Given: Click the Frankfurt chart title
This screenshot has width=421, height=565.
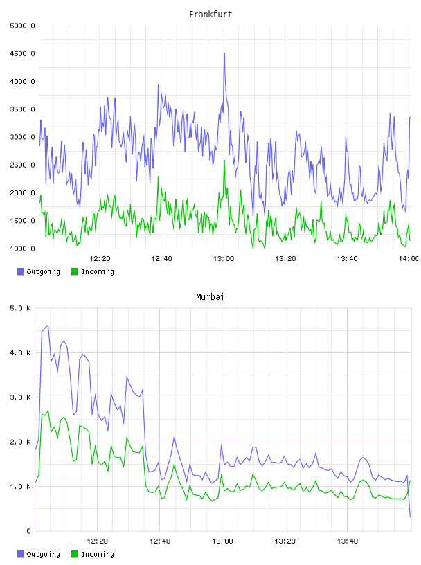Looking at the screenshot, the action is click(x=210, y=15).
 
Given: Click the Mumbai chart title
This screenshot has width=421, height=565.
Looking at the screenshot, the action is click(x=210, y=297).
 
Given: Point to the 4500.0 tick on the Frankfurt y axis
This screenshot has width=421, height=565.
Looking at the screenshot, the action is click(x=22, y=54).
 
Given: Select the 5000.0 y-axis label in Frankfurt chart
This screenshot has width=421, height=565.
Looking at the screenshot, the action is click(x=22, y=26).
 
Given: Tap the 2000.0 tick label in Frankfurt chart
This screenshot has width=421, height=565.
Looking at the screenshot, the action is click(x=22, y=193).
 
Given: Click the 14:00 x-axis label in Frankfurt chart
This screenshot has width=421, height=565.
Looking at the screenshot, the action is click(x=409, y=259).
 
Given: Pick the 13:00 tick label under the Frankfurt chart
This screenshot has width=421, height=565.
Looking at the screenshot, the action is click(x=224, y=259).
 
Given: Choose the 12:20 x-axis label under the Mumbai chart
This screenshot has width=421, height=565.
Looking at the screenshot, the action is click(x=98, y=541).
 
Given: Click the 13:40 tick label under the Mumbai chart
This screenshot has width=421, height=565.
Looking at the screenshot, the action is click(x=348, y=541).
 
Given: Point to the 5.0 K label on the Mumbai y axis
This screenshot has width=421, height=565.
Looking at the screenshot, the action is click(x=21, y=308).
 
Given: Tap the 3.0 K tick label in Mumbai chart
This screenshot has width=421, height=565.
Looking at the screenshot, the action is click(x=21, y=397).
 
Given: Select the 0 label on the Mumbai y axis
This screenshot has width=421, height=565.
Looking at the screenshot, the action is click(x=28, y=531).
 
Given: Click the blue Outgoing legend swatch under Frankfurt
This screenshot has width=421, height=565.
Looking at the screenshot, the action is click(x=20, y=271).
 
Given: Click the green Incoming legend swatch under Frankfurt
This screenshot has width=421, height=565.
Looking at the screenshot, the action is click(x=74, y=271).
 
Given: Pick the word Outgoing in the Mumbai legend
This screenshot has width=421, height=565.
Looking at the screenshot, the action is click(x=43, y=554).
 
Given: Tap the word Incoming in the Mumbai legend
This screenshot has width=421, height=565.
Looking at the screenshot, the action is click(x=98, y=554).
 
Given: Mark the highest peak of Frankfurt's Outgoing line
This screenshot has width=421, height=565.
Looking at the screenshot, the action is click(x=224, y=53).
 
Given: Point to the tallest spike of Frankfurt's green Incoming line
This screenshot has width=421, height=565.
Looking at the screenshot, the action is click(x=224, y=161).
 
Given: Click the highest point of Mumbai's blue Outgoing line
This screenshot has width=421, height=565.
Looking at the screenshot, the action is click(x=48, y=325).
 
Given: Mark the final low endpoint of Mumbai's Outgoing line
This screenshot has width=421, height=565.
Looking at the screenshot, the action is click(x=410, y=517).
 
